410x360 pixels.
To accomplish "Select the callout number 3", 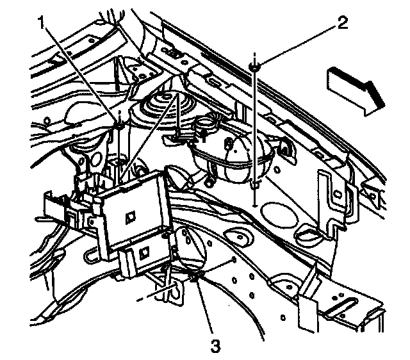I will coord(215,346).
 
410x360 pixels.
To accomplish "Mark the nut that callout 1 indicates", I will coord(119,126).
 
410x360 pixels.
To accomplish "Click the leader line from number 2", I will coord(298,44).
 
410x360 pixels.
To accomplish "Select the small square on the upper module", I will coord(130,217).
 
